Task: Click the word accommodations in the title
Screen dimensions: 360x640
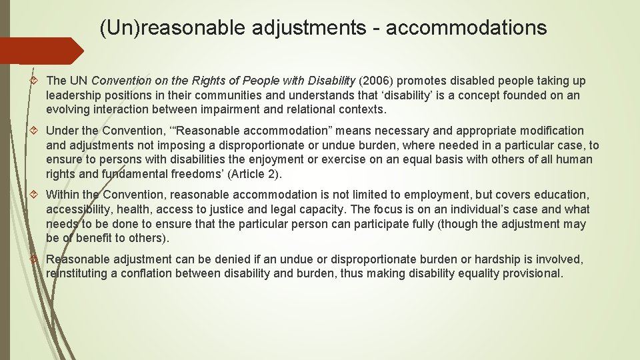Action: (466, 28)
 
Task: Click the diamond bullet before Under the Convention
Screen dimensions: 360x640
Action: (37, 131)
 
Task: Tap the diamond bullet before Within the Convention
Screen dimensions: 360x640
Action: (37, 195)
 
